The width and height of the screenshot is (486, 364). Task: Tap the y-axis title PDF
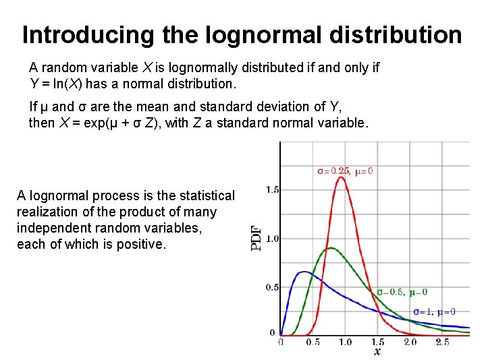pyautogui.click(x=257, y=238)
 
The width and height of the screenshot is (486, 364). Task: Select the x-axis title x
pyautogui.click(x=377, y=352)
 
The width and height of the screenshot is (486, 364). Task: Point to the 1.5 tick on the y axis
pyautogui.click(x=272, y=190)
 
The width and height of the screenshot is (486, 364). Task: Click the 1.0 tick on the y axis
pyautogui.click(x=272, y=239)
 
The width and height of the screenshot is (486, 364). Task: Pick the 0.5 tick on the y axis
pyautogui.click(x=272, y=287)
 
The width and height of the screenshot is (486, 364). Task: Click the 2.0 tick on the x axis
pyautogui.click(x=410, y=342)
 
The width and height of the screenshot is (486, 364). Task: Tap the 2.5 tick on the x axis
pyautogui.click(x=442, y=342)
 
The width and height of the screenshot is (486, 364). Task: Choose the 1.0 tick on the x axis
pyautogui.click(x=345, y=342)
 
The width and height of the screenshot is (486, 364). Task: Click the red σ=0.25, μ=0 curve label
pyautogui.click(x=345, y=171)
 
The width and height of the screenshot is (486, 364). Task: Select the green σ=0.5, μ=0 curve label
pyautogui.click(x=402, y=293)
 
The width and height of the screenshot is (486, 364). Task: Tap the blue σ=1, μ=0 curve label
pyautogui.click(x=434, y=311)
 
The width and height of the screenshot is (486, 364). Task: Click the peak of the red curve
pyautogui.click(x=342, y=177)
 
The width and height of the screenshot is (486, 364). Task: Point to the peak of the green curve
pyautogui.click(x=329, y=248)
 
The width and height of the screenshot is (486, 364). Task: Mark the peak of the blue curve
pyautogui.click(x=304, y=272)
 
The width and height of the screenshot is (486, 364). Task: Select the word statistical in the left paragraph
pyautogui.click(x=203, y=196)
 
